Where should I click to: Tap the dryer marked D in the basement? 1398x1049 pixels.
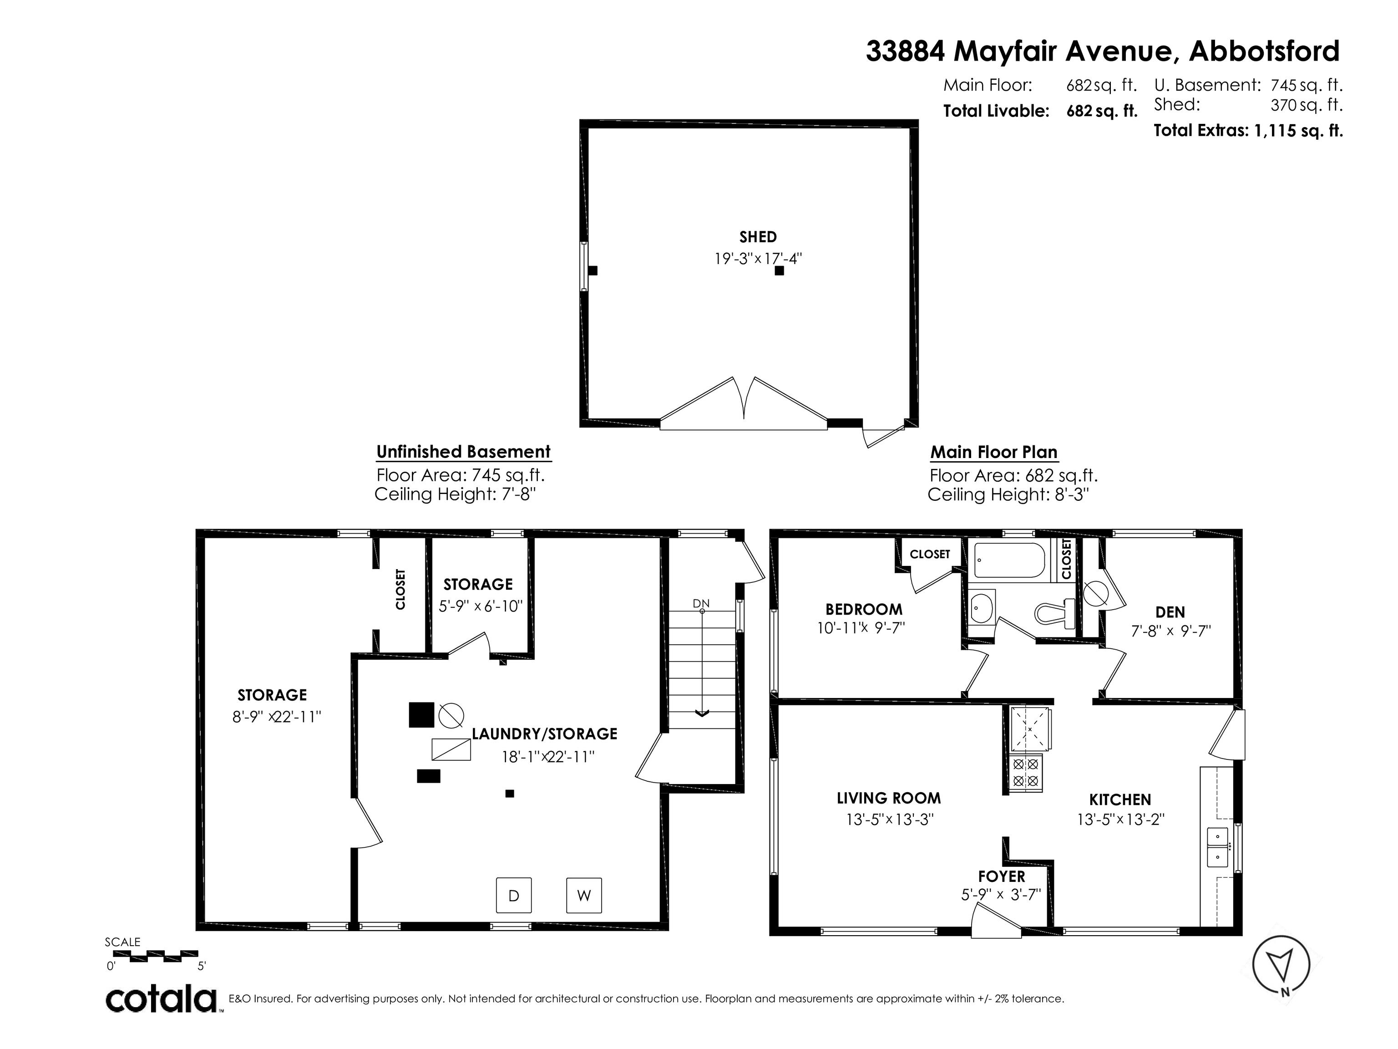pos(514,896)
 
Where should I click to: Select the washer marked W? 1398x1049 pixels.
pos(584,896)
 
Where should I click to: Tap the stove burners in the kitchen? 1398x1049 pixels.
pos(1026,772)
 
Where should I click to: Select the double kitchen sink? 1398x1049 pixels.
pos(1217,847)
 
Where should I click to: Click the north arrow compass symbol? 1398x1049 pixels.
pos(1281,965)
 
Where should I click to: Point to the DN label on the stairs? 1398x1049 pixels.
pos(701,603)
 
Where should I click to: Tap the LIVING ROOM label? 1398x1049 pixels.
pos(889,798)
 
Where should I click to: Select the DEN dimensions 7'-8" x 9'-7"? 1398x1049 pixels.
pos(1170,631)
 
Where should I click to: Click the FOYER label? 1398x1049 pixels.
pos(1002,876)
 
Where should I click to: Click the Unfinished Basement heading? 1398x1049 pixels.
pos(463,452)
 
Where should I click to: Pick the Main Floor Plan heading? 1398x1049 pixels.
pos(993,452)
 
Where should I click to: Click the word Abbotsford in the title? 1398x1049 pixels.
pos(1264,51)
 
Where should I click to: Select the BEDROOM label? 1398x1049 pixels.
pos(864,609)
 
